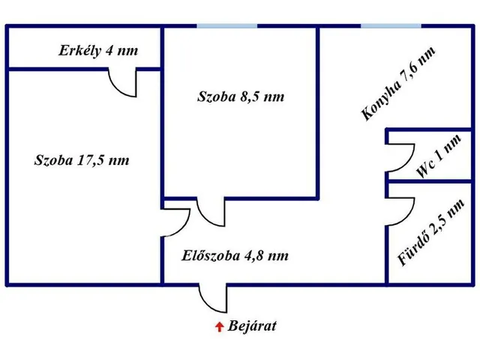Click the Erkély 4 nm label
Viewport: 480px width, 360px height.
point(98,51)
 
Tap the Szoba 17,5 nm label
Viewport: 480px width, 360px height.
point(82,160)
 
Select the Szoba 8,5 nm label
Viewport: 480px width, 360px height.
point(241,97)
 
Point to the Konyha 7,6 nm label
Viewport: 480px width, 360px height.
point(398,83)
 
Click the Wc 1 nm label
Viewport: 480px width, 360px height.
point(439,155)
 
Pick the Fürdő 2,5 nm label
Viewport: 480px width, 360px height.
point(430,232)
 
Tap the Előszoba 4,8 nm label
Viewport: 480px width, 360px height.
point(235,256)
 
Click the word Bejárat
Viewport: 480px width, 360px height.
point(252,325)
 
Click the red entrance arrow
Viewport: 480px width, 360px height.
point(219,327)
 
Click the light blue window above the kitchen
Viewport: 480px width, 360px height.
point(391,25)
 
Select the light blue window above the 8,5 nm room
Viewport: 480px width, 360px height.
point(226,25)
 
